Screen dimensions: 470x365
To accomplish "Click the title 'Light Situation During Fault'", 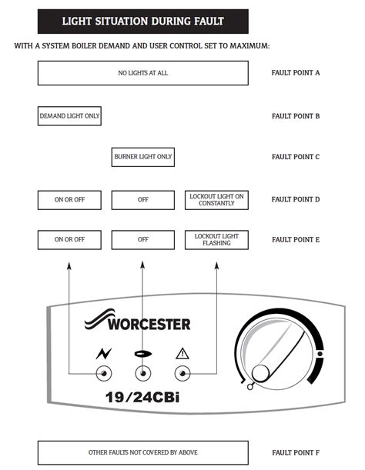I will [x=142, y=21].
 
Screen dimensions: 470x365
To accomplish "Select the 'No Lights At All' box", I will [x=142, y=73].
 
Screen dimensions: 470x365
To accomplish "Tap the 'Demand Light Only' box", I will [x=69, y=116].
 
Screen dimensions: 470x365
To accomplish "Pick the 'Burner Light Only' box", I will [x=142, y=157].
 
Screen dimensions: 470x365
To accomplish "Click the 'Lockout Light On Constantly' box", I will [x=216, y=200].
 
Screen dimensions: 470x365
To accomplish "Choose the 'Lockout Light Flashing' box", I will [x=216, y=239].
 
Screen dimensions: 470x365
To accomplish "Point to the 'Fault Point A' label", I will [x=296, y=73].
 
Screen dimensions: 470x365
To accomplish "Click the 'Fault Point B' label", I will [x=296, y=116].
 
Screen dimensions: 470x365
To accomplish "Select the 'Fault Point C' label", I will [x=296, y=157].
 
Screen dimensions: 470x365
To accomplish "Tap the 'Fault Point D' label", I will [x=296, y=200].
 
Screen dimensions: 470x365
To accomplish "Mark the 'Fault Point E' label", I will [x=296, y=239].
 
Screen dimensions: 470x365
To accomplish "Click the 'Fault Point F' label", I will [x=296, y=452].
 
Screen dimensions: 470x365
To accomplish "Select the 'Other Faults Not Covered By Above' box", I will [x=142, y=452].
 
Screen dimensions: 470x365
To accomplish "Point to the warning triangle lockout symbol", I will [x=182, y=354].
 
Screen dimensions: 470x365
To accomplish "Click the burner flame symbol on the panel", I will [x=142, y=354].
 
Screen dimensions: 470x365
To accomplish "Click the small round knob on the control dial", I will [x=261, y=373].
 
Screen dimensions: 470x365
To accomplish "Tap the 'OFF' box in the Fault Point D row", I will [x=142, y=200].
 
